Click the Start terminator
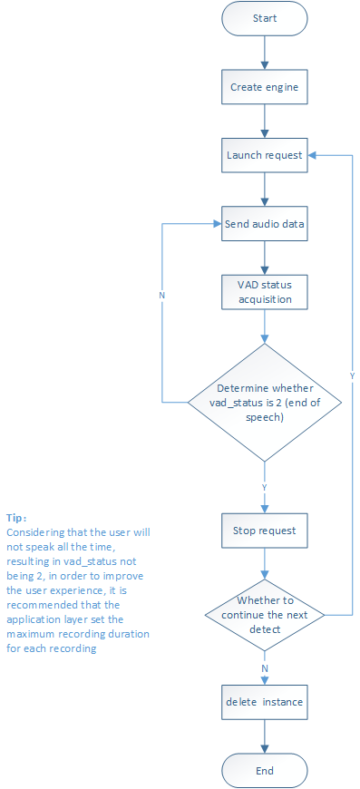tap(265, 18)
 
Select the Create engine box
tap(265, 87)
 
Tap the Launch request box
tap(265, 155)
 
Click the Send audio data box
tap(265, 223)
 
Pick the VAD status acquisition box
tap(265, 292)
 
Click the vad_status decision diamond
tap(265, 402)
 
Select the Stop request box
tap(265, 531)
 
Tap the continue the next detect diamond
tap(265, 615)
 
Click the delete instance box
tap(265, 701)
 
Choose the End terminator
tap(265, 770)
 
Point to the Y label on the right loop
tap(352, 375)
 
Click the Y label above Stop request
tap(265, 488)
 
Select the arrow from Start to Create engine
tap(265, 53)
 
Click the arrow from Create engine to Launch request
tap(265, 122)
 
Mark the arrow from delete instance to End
tap(265, 735)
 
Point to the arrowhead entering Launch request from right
tap(311, 155)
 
